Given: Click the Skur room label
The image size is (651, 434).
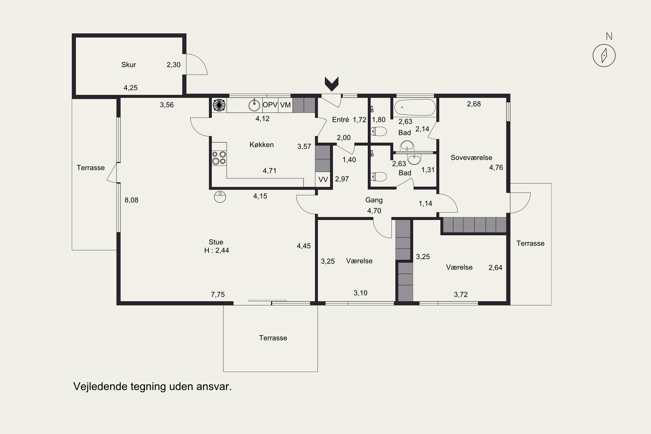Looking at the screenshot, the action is (x=129, y=65).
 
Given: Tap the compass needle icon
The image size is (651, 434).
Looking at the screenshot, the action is (x=604, y=56).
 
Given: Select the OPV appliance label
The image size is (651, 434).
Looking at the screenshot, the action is (x=270, y=105).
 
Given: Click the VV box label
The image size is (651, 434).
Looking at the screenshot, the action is (x=323, y=180).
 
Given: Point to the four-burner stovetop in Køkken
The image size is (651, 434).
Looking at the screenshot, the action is (x=219, y=158).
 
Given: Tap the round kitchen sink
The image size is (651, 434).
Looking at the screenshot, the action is (x=254, y=105).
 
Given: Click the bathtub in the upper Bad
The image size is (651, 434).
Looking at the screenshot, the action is (x=415, y=107).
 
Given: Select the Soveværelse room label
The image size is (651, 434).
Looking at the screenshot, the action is (x=471, y=158).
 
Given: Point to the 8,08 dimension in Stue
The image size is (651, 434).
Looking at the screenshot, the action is (x=132, y=200).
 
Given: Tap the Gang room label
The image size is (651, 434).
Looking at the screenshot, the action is (x=374, y=200).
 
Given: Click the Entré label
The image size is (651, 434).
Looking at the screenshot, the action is (x=340, y=120).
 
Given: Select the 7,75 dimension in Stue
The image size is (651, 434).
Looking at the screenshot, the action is (x=218, y=294).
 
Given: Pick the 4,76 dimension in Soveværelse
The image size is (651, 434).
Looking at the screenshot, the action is (x=496, y=168).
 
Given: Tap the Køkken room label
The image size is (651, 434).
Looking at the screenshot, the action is (x=261, y=145).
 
